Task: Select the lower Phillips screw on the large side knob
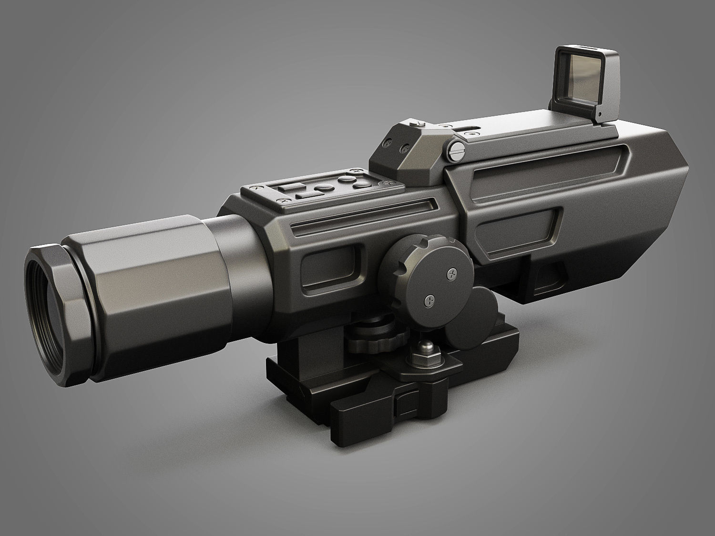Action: click(430, 300)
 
